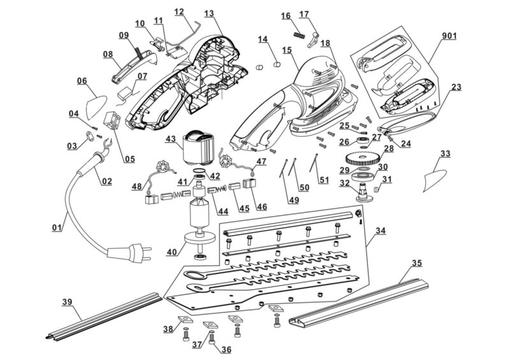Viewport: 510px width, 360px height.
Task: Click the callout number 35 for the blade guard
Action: (x=416, y=263)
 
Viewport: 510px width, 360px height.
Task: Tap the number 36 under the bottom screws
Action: (x=225, y=350)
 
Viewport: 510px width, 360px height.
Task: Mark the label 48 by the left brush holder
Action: (x=137, y=186)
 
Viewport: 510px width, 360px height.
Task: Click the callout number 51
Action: (x=324, y=180)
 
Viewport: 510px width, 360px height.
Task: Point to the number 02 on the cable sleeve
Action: (x=106, y=181)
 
